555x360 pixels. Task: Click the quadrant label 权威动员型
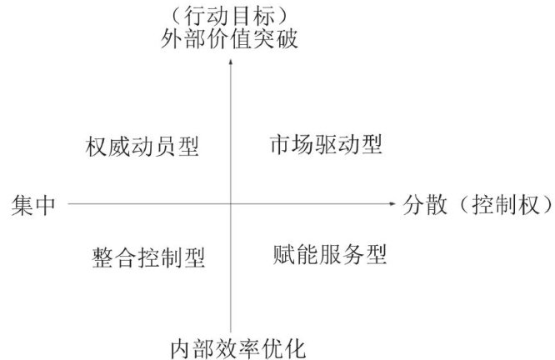tap(142, 147)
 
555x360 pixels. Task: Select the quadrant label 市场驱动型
tap(325, 145)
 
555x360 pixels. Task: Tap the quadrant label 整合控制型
tap(147, 257)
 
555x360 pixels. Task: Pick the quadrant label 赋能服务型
tap(329, 255)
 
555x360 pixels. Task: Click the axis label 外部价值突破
tap(230, 40)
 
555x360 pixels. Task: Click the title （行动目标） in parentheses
tap(230, 14)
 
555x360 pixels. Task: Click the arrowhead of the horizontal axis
tap(392, 202)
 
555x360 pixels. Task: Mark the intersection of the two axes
tap(231, 202)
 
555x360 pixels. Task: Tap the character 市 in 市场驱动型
tap(278, 145)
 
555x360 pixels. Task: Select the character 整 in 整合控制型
tap(100, 257)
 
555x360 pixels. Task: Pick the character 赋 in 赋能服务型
tap(282, 255)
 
